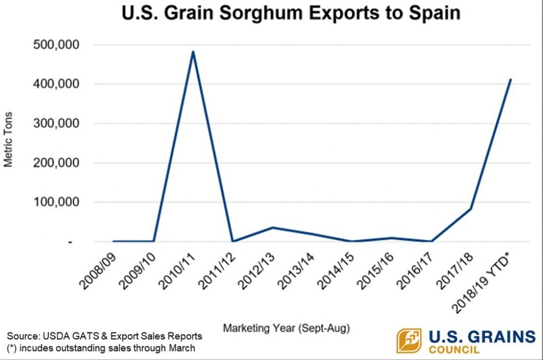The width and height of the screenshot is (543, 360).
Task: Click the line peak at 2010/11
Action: pyautogui.click(x=193, y=51)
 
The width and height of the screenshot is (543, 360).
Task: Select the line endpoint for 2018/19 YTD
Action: pyautogui.click(x=510, y=80)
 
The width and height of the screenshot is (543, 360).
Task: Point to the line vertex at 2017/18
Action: pyautogui.click(x=470, y=208)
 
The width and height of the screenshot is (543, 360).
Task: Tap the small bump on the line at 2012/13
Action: pyautogui.click(x=272, y=227)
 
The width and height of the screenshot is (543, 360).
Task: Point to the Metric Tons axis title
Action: pyautogui.click(x=9, y=140)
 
